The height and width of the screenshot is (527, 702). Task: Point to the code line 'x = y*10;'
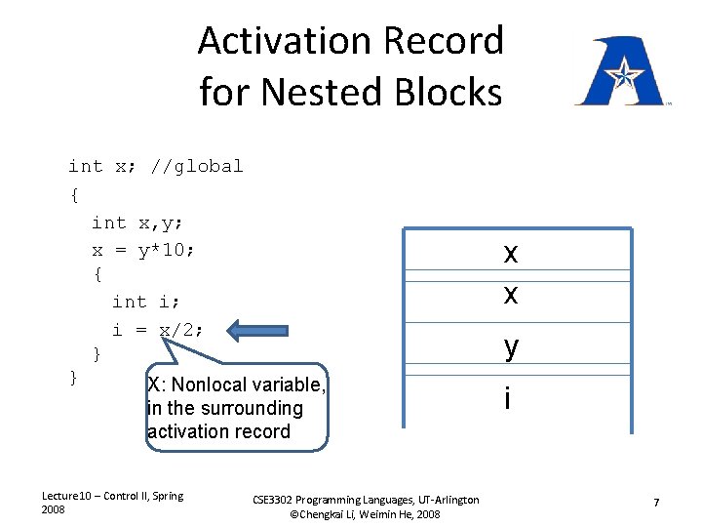143,250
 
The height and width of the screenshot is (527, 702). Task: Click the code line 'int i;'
143,302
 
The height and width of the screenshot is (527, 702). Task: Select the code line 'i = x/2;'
158,330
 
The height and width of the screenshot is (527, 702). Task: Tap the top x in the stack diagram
510,253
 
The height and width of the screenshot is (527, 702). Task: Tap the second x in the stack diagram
510,293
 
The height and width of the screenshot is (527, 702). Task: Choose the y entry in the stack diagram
510,345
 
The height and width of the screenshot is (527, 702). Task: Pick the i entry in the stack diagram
507,397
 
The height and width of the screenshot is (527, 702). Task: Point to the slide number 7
656,502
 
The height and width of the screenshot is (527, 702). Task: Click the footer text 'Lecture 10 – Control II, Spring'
112,496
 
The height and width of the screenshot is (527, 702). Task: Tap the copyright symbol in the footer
293,513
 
